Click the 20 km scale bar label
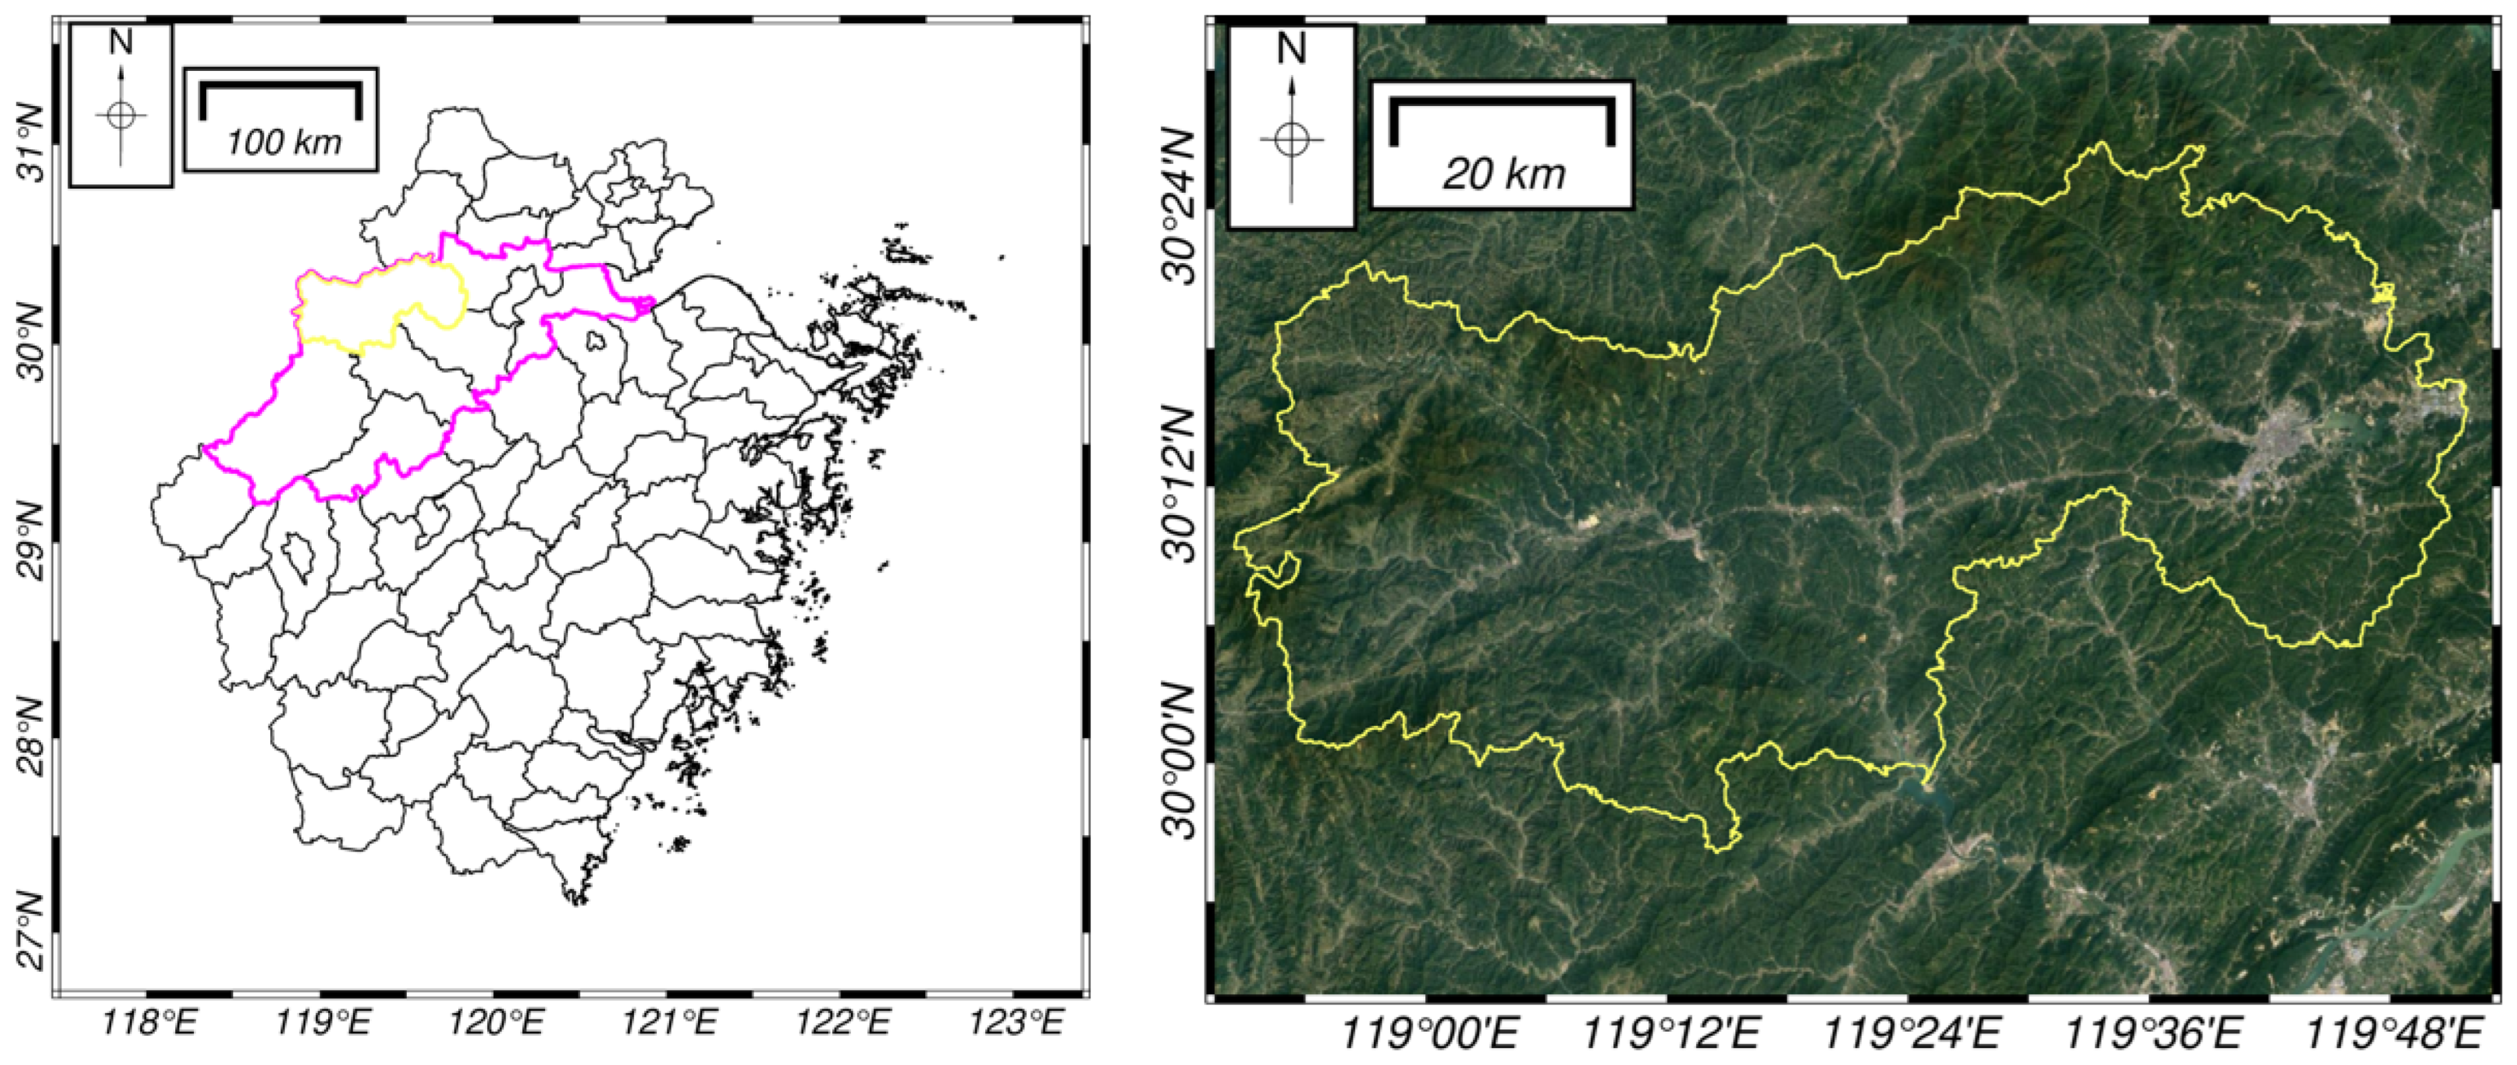tap(1504, 174)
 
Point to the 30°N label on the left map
tap(33, 343)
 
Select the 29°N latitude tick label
tap(33, 540)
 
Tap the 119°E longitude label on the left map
tap(324, 1024)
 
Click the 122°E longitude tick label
tap(843, 1024)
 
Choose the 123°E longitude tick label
tap(1016, 1024)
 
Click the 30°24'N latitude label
tap(1179, 205)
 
